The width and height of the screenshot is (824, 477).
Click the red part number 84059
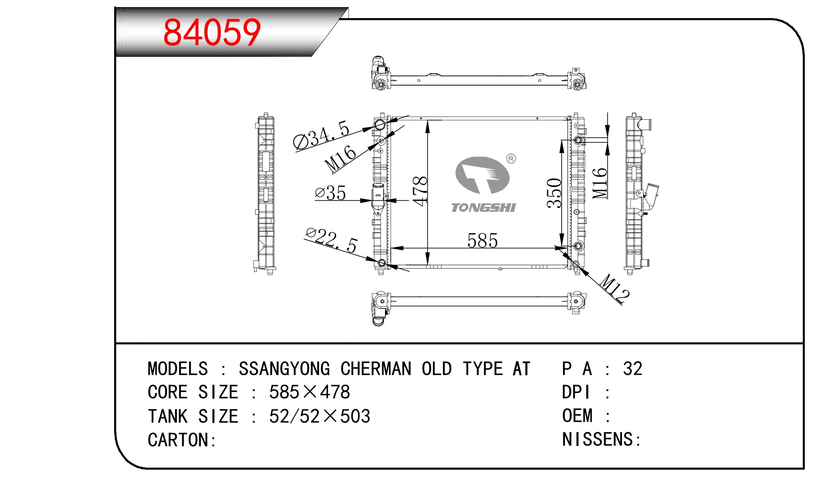[212, 32]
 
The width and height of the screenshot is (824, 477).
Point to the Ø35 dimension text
[330, 193]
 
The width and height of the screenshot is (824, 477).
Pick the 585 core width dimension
[482, 241]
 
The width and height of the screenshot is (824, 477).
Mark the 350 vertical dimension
[554, 193]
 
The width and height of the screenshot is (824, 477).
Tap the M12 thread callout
[615, 288]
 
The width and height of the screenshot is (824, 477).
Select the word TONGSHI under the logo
[484, 208]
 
